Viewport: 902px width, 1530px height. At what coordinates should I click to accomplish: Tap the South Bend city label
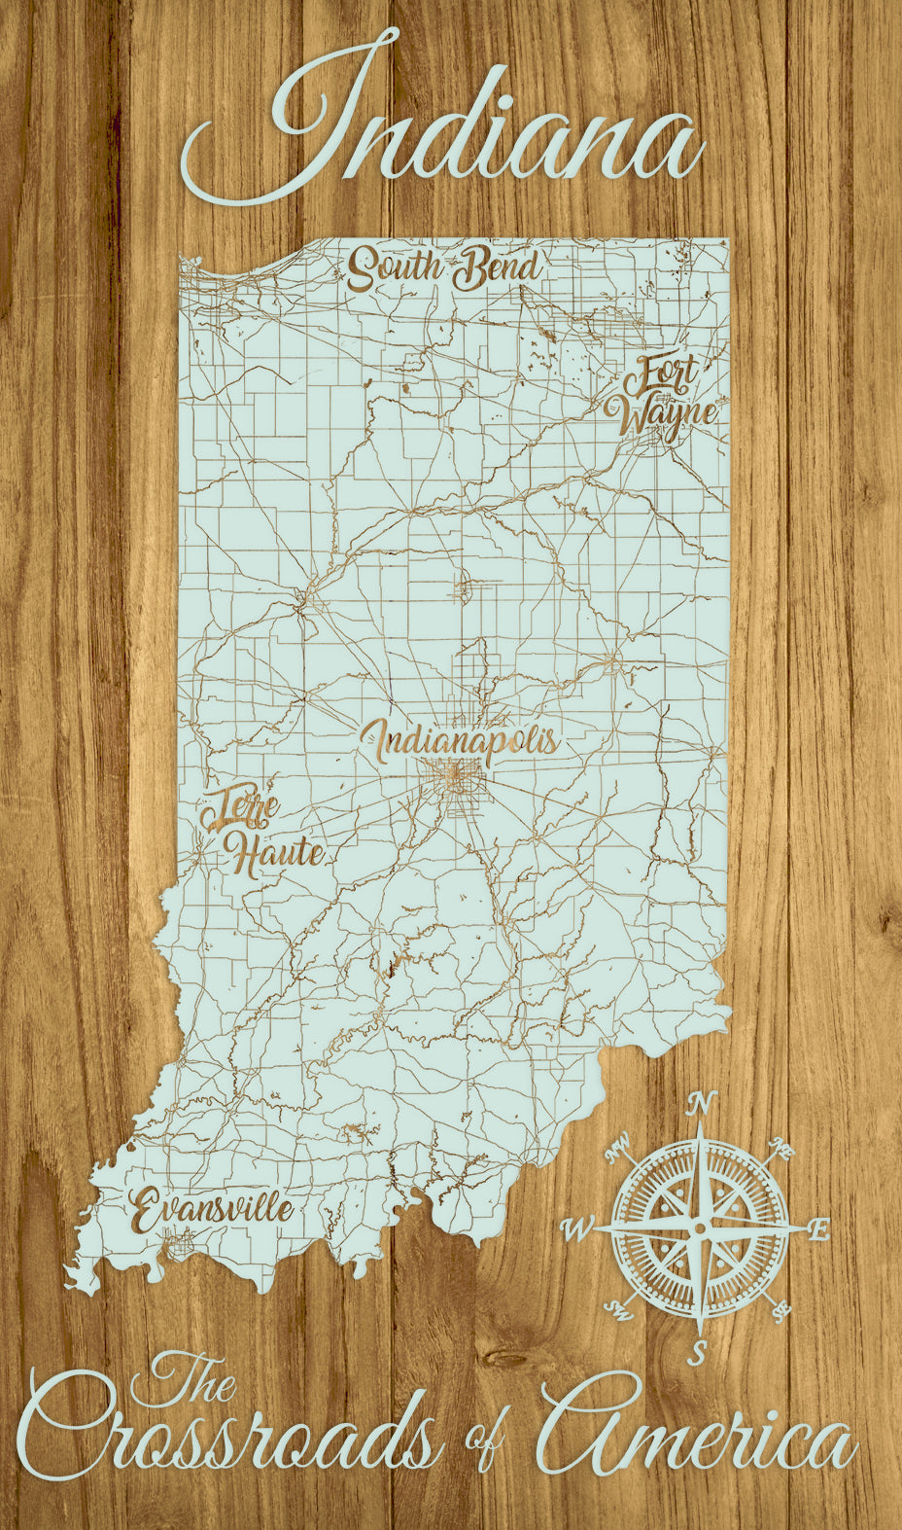point(443,268)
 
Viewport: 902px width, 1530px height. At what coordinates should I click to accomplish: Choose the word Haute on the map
point(276,854)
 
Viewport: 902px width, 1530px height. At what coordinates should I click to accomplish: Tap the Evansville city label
point(212,1209)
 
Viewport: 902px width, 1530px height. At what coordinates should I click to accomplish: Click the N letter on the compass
point(701,1104)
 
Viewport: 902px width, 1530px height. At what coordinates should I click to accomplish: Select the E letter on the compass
point(819,1230)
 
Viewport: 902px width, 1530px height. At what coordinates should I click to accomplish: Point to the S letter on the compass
point(698,1351)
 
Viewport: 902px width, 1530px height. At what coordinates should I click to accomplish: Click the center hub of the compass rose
point(699,1229)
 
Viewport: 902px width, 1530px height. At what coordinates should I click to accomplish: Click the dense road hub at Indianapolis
point(453,778)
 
